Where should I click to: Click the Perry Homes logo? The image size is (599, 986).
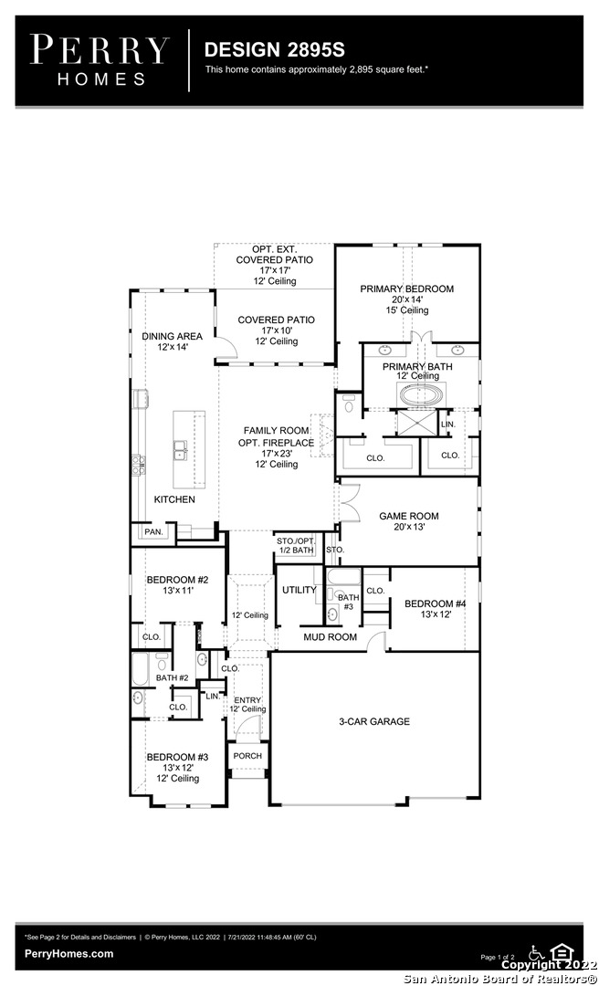point(100,60)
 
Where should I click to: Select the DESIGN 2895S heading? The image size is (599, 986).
point(274,49)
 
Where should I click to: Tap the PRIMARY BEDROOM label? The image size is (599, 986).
point(406,288)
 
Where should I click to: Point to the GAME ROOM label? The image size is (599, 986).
point(409,516)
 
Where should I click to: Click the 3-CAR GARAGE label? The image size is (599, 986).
point(374,721)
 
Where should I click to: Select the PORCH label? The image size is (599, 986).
point(247,756)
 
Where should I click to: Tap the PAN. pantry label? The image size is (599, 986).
point(153,531)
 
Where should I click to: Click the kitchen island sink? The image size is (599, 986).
point(181,449)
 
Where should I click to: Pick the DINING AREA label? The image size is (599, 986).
point(172,336)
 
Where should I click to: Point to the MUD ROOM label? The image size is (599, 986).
point(331,637)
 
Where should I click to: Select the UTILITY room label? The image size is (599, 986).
point(299,590)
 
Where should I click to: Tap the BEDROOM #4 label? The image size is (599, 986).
point(436,603)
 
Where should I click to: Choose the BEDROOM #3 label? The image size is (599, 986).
point(177,757)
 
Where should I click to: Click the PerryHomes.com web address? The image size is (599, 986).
point(69,954)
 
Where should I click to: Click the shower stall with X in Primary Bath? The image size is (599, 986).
point(415,423)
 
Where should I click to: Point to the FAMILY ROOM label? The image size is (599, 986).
point(277,431)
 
